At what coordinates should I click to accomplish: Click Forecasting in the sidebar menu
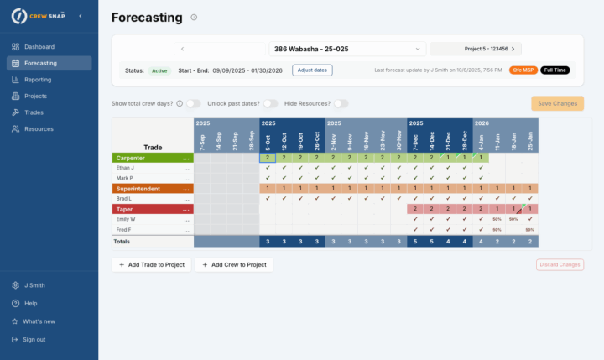coord(40,63)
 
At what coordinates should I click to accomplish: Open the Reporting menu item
coord(39,80)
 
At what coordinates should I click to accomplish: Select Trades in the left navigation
coord(34,112)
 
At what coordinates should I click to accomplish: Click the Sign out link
coord(34,339)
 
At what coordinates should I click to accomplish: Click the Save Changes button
coord(557,103)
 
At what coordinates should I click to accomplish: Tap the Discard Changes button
coord(560,264)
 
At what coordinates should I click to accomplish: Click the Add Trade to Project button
coord(151,264)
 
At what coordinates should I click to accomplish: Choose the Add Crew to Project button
coord(234,264)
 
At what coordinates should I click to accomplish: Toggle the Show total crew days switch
coord(193,103)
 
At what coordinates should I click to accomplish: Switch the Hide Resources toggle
coord(341,103)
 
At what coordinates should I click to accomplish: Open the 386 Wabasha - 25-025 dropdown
coord(348,49)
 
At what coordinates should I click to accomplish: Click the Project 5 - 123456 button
coord(476,49)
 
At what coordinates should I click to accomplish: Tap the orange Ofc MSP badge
coord(523,70)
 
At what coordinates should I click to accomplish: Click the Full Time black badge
coord(555,70)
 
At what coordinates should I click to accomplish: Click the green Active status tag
coord(159,70)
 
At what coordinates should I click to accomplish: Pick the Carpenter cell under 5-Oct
coord(267,158)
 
